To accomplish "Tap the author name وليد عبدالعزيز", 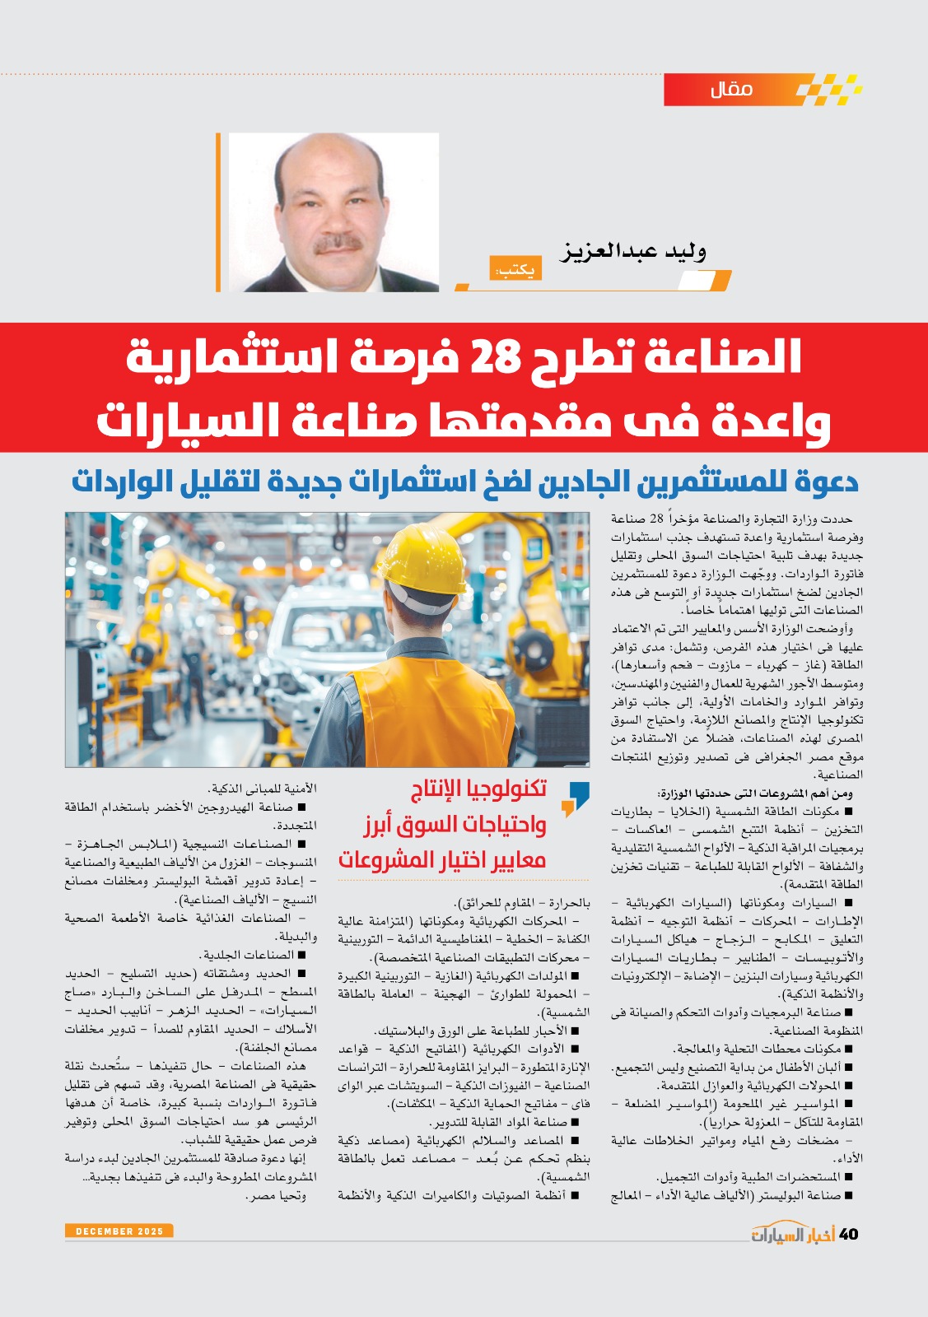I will click(x=633, y=251).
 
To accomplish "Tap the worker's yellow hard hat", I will click(x=422, y=567).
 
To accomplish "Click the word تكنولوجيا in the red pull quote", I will click(x=503, y=789).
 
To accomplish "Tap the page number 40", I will click(x=848, y=1233).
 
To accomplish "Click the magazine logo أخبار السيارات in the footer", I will click(x=792, y=1233).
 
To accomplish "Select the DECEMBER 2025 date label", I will click(x=119, y=1231).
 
